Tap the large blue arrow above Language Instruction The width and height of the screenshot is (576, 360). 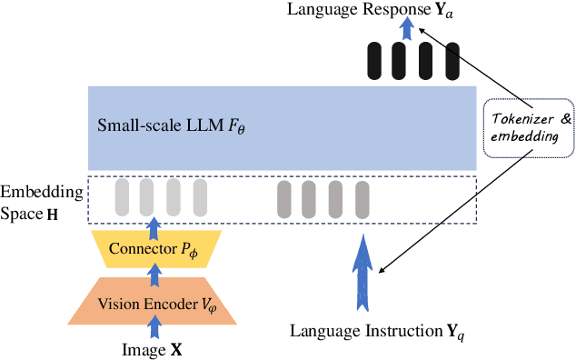[362, 268]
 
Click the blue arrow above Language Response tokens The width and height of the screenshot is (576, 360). [407, 28]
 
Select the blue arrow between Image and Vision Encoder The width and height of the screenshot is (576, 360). [154, 327]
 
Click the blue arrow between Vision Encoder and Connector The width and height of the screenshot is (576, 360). [154, 274]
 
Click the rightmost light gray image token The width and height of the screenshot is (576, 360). [200, 196]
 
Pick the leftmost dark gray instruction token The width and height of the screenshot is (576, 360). [284, 197]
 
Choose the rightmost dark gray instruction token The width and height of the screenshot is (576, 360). [362, 197]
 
